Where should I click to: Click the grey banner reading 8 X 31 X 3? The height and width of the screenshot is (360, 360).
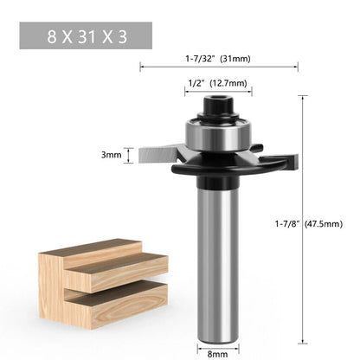86,35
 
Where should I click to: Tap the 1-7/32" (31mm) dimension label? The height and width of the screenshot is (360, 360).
218,59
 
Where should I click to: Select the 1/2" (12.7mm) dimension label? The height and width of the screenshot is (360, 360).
218,83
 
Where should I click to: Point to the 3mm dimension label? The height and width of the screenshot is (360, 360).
112,155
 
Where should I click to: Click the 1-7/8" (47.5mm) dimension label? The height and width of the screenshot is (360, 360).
309,224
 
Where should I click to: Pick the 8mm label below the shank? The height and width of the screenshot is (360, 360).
217,354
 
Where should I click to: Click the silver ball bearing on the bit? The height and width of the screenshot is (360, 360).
218,134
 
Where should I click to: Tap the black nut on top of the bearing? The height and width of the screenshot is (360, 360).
218,106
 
